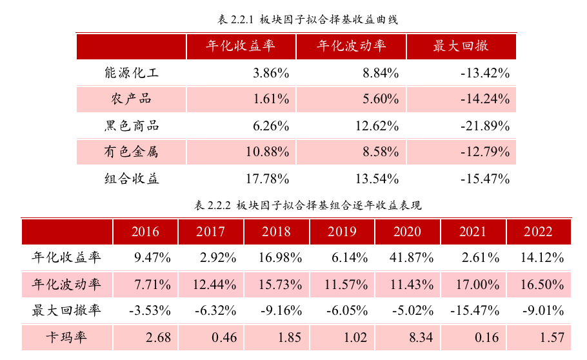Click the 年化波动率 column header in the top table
tap(351, 46)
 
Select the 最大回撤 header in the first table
tap(461, 46)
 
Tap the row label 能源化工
tap(131, 73)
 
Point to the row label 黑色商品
tap(131, 126)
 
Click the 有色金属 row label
tap(131, 152)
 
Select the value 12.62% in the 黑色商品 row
tap(377, 126)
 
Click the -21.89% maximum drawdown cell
tap(485, 126)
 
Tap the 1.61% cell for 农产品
tap(271, 99)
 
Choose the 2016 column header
tap(145, 232)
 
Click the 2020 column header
tap(407, 232)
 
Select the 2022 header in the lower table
tap(538, 232)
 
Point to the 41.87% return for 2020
tap(412, 258)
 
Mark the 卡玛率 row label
tap(67, 337)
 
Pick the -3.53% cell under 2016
tap(150, 311)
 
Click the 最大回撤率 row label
tap(67, 311)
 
